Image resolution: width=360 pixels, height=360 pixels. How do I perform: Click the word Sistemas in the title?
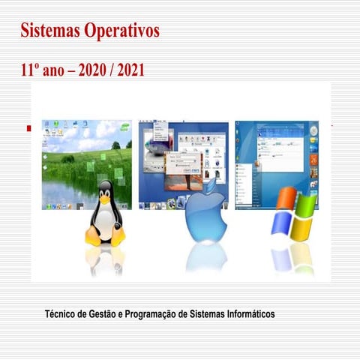click(51, 32)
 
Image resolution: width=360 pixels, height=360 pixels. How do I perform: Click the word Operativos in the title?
click(121, 32)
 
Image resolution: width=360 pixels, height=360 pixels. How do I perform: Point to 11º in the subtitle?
click(31, 70)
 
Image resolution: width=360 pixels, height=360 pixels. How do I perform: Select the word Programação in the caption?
click(154, 312)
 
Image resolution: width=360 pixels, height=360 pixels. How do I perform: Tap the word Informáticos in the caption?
click(248, 312)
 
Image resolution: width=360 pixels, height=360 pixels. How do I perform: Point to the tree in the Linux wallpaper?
click(116, 145)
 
